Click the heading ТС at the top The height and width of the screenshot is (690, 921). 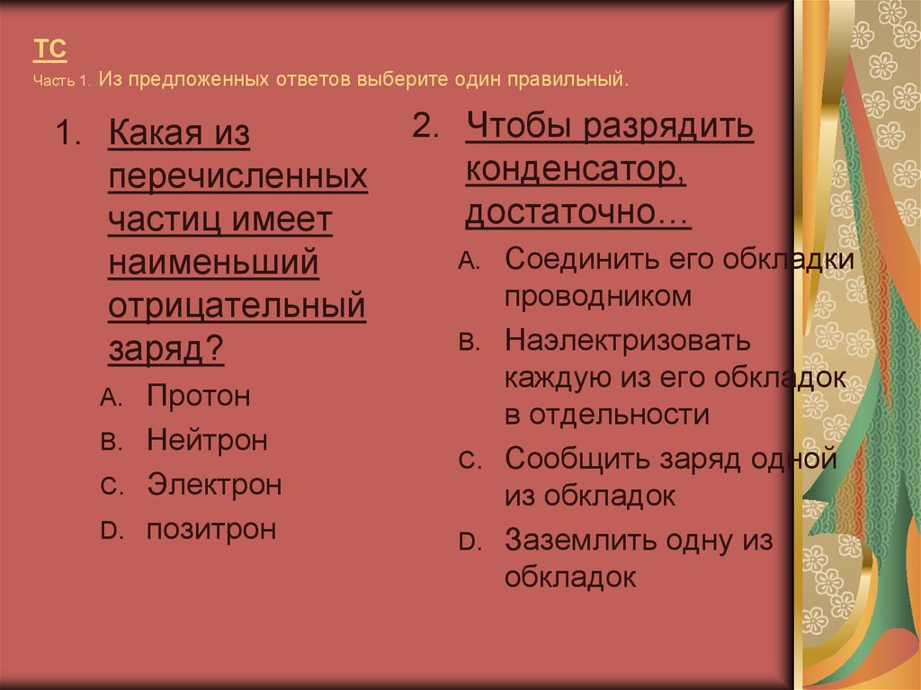pos(50,49)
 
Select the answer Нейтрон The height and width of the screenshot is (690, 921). pos(207,441)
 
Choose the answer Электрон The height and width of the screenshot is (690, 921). pos(214,486)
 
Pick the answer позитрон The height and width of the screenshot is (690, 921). pos(211,529)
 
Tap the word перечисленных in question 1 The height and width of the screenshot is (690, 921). pos(238,178)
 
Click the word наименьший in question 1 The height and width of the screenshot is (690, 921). pos(214,264)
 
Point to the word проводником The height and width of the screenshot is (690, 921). pos(598,296)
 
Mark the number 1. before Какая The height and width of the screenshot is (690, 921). pos(69,136)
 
